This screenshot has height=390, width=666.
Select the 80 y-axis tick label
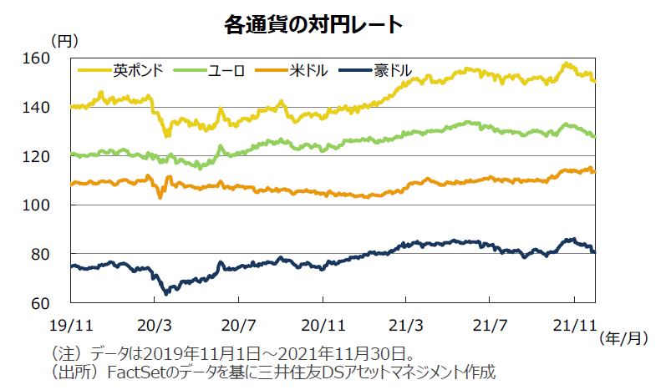click(x=54, y=254)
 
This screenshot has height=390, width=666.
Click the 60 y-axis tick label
click(x=54, y=302)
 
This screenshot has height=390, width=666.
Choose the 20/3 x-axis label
click(x=155, y=322)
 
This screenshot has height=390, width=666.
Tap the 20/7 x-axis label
click(x=238, y=322)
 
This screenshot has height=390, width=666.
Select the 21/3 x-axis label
click(x=407, y=322)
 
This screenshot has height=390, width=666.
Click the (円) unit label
click(x=64, y=40)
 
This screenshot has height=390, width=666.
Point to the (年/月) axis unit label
click(x=624, y=337)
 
